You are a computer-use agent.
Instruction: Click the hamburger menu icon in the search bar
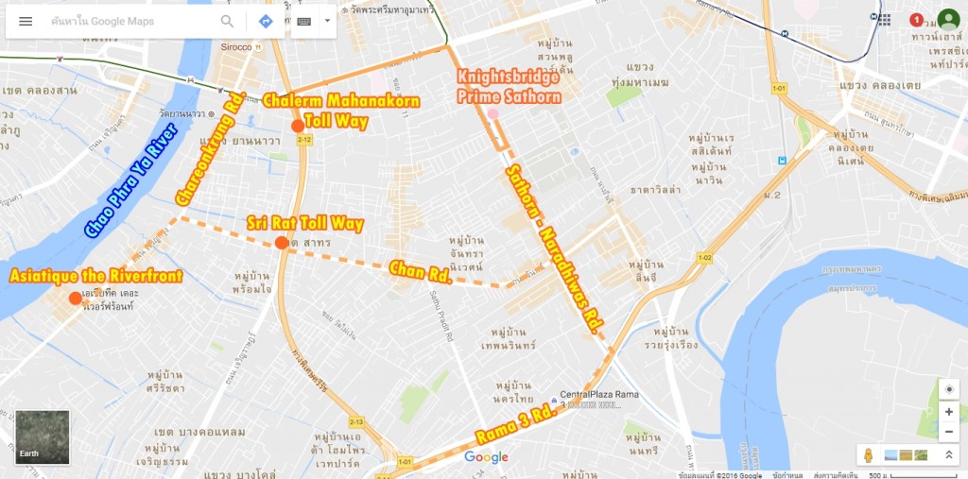(26, 21)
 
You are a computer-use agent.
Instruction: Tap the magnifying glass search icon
(227, 21)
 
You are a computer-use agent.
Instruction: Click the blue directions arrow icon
(266, 21)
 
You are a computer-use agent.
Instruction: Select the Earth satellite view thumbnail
(43, 437)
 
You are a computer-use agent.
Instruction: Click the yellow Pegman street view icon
(869, 455)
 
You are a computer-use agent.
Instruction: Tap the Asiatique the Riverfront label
(95, 276)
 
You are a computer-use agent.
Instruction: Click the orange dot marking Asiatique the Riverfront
(75, 299)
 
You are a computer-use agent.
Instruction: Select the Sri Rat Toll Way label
(304, 224)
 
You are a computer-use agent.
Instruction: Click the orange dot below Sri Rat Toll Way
(281, 243)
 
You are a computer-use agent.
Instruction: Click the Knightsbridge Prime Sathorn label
(509, 86)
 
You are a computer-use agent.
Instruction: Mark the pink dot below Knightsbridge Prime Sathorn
(493, 114)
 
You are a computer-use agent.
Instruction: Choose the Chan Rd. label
(419, 270)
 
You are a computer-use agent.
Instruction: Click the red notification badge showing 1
(916, 20)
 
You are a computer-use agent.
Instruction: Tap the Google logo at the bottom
(486, 457)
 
